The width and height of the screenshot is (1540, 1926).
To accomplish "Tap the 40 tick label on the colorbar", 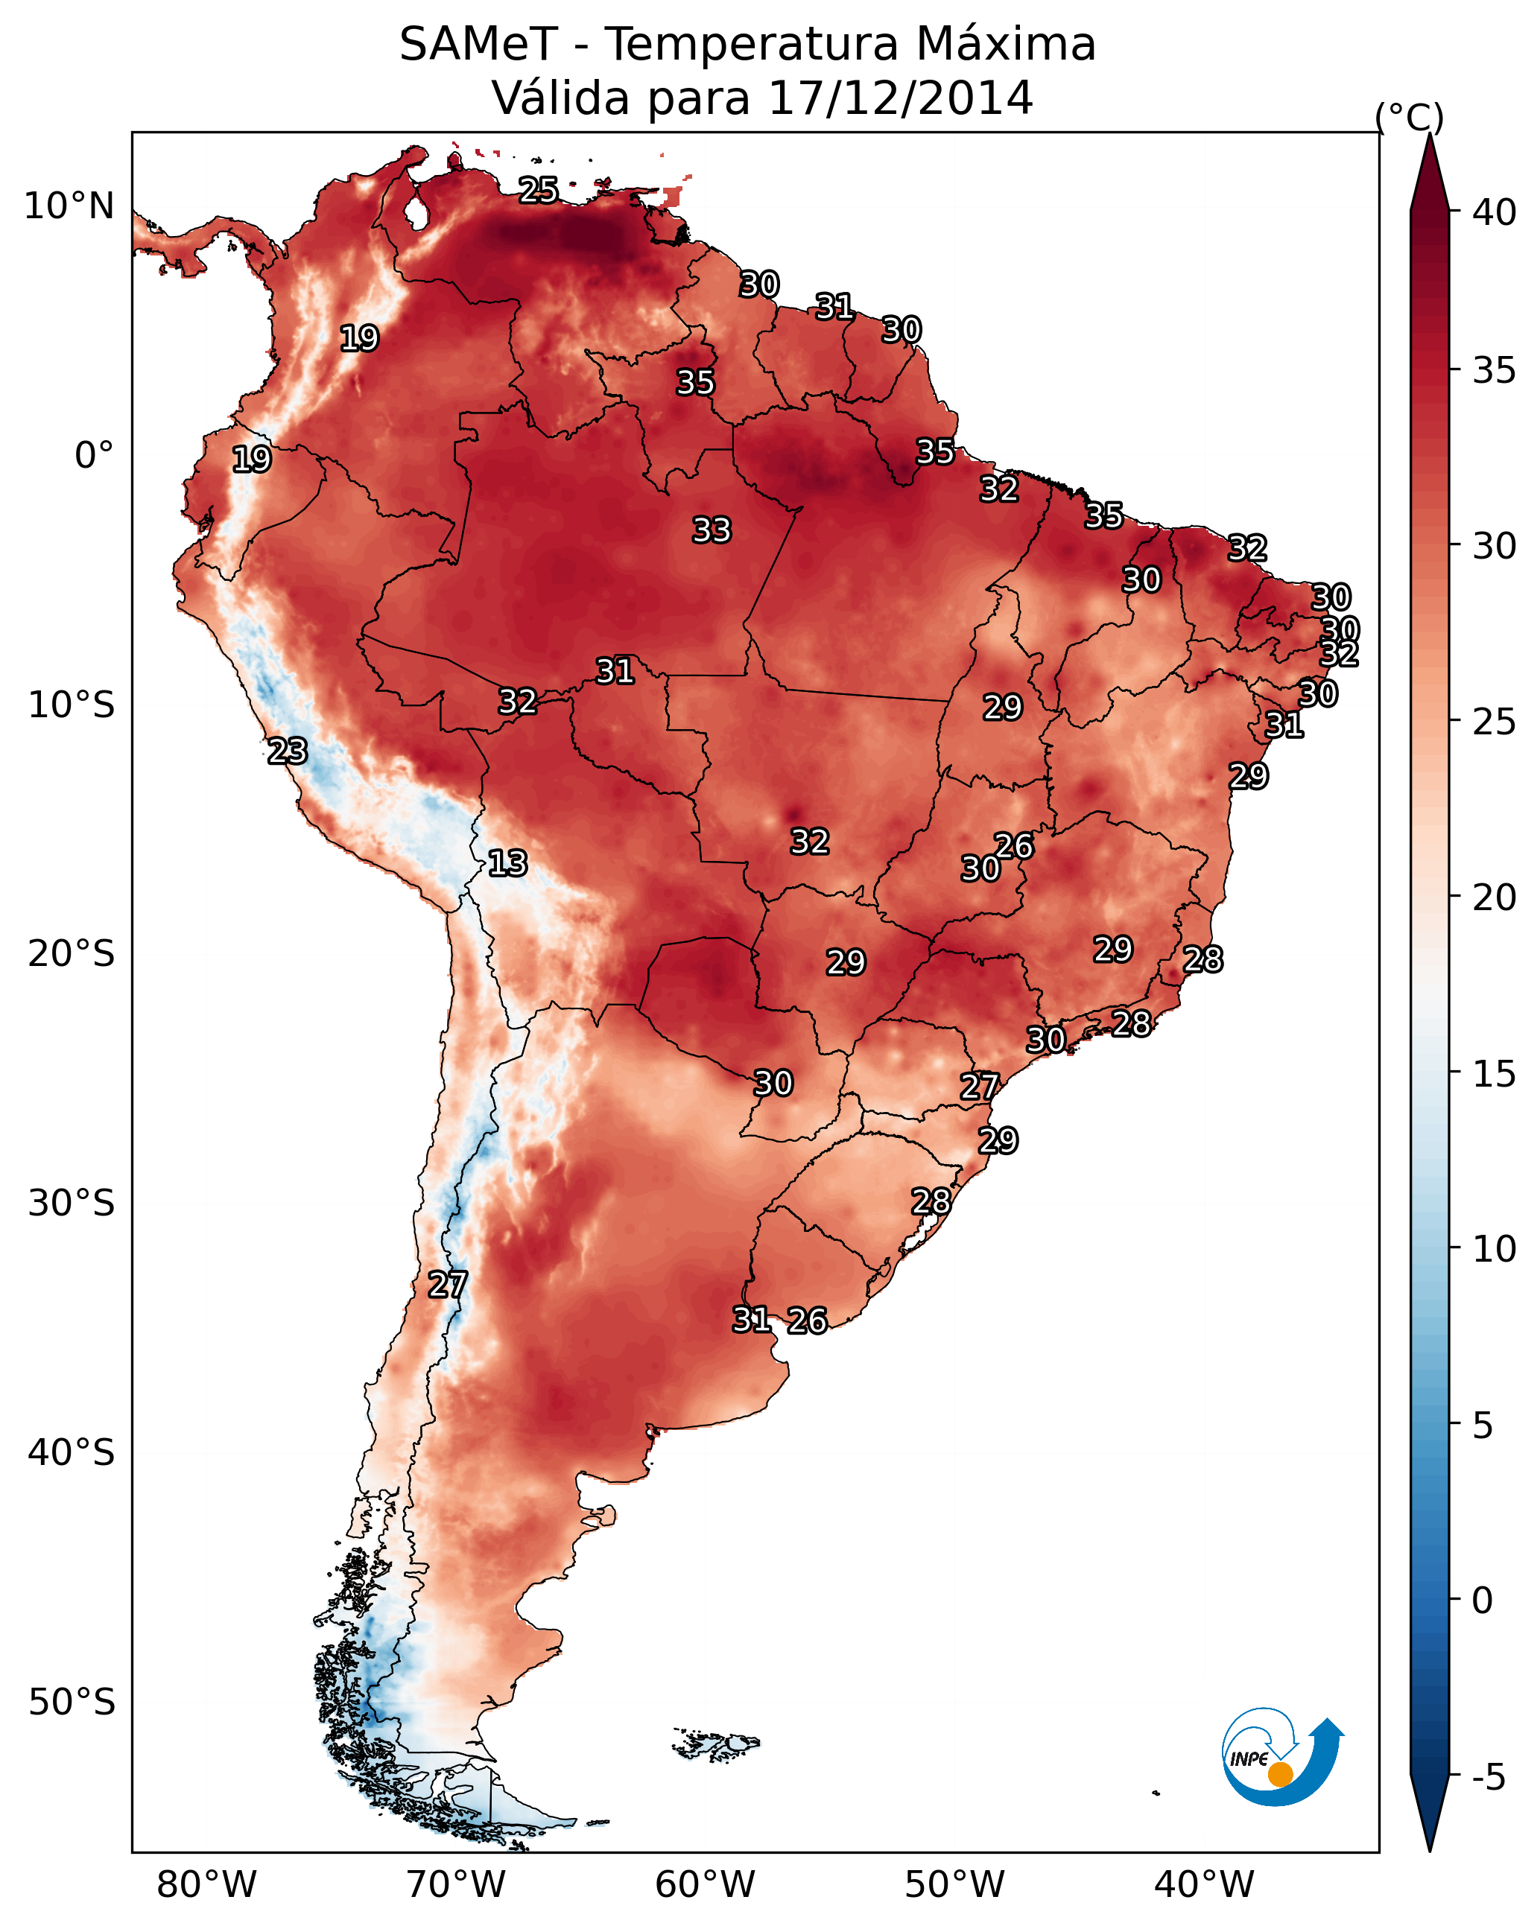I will [x=1495, y=212].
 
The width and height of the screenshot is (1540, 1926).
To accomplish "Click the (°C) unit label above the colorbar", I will [x=1410, y=117].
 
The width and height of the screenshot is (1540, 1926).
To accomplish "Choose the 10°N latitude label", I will [x=69, y=206].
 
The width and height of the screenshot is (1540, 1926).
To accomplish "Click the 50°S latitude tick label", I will [x=72, y=1703].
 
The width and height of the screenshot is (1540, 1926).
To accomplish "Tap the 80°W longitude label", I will [x=206, y=1885].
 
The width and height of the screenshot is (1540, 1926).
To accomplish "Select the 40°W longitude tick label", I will [x=1205, y=1885].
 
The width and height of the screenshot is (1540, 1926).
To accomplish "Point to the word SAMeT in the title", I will [x=478, y=45].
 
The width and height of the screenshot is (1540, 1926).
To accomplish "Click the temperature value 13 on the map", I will [x=507, y=863].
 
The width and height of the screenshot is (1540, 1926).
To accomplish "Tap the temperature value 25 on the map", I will [x=539, y=190].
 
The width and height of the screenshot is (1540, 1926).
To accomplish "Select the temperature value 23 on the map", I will [x=288, y=751].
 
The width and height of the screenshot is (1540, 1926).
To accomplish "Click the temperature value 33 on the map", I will [x=712, y=530].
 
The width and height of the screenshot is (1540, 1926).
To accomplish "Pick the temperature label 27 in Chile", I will [x=448, y=1285].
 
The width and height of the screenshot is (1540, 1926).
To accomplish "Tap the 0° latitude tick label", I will [x=94, y=456].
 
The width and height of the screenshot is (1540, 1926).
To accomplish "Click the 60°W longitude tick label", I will [x=706, y=1885].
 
